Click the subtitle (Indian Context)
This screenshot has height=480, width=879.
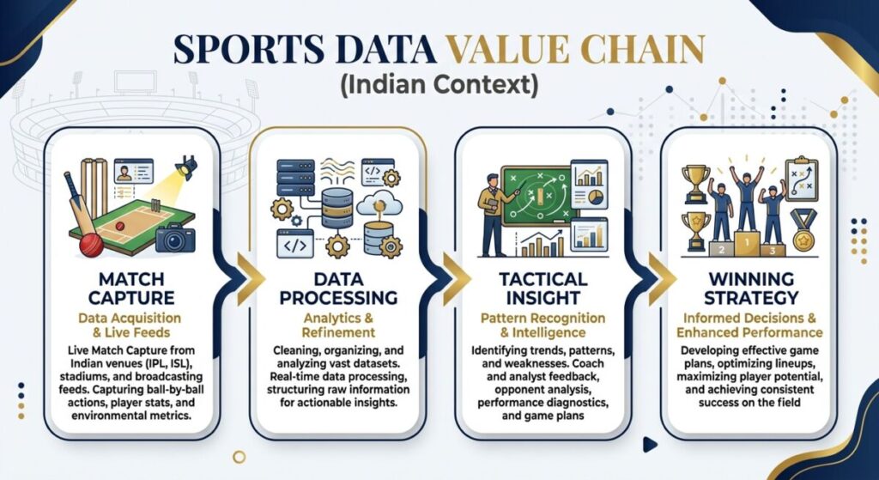[x=439, y=86]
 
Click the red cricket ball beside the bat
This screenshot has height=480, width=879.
[x=91, y=244]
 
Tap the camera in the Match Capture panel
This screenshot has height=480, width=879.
[x=175, y=236]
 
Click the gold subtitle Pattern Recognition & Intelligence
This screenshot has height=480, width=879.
[x=542, y=325]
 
